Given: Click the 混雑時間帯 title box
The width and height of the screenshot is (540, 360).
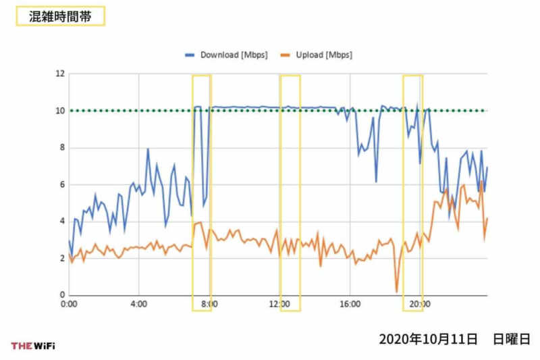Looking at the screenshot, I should pos(60,16).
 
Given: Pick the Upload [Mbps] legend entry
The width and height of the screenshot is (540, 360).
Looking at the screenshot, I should pos(316,55).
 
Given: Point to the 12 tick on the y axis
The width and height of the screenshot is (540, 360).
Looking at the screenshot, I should pos(59,74).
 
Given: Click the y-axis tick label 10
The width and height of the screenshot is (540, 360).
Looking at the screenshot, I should pos(59,111).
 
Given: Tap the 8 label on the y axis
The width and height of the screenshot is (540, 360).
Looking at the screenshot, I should pos(61,147).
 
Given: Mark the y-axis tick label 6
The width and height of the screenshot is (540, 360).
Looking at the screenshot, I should pos(61,184).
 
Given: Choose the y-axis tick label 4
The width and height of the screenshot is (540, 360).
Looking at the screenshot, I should pos(61,222).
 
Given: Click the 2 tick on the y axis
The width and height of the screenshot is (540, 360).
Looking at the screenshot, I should pos(61,259).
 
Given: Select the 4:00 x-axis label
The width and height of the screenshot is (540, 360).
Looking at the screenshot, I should pos(138,305).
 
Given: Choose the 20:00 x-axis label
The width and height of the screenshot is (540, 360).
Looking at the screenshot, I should pos(419,305).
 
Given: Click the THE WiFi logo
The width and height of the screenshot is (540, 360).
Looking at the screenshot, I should pos(33,346).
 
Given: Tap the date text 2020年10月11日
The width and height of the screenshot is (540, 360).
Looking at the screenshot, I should pos(428,338).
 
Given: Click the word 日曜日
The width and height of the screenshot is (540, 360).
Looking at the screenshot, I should pos(511,338).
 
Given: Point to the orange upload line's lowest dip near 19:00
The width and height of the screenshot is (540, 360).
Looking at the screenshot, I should pos(396,292).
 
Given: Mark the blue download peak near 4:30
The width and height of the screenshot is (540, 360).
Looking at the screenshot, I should pos(148,149).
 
